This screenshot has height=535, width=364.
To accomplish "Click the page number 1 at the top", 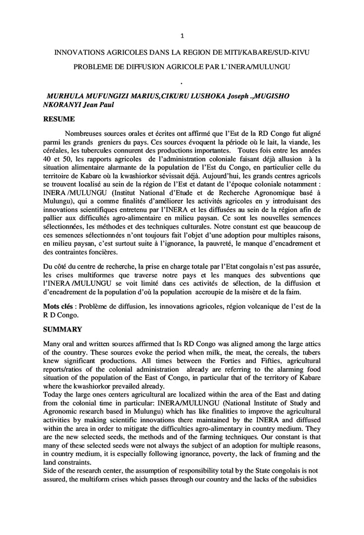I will coord(182,36).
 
